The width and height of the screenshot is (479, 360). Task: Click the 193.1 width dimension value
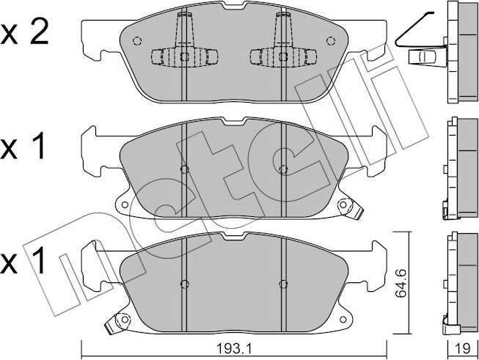pyautogui.click(x=234, y=348)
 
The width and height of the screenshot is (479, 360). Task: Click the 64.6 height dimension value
pyautogui.click(x=401, y=283)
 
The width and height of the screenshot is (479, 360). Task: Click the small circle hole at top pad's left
pyautogui.click(x=137, y=40)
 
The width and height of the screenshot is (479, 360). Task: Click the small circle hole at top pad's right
pyautogui.click(x=331, y=40)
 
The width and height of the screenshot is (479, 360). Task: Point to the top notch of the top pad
pyautogui.click(x=235, y=5)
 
